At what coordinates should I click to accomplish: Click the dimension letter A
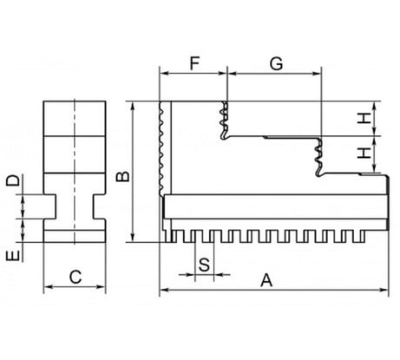point(266,280)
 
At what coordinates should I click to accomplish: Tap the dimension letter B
point(123,176)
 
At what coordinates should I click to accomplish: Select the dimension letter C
point(75,277)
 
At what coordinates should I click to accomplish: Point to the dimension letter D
point(13,180)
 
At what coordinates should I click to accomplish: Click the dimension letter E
point(13,256)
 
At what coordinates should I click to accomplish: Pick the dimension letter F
point(194,63)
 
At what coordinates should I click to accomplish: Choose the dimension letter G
point(276,63)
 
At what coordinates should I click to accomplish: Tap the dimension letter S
point(204,265)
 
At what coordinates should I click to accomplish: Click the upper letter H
point(364,118)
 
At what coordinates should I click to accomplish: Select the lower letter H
point(364,153)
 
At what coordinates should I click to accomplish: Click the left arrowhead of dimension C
point(48,287)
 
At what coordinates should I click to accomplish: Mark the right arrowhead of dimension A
point(384,290)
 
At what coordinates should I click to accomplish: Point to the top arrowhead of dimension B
point(133,106)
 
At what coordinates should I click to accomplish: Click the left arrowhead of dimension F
point(164,74)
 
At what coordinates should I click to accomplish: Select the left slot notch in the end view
point(49,206)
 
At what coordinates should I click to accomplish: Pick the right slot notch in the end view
point(99,206)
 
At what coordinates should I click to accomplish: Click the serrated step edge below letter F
point(224,121)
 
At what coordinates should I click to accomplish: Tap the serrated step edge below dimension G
point(318,157)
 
